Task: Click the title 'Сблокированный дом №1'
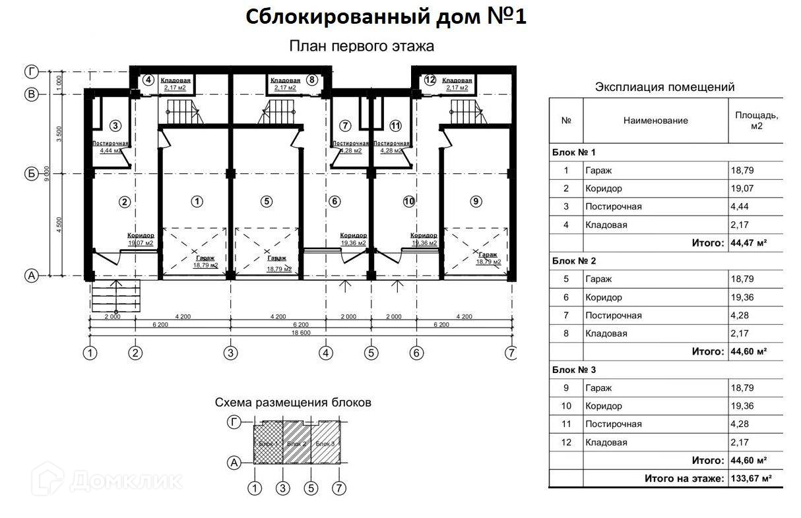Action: pyautogui.click(x=386, y=17)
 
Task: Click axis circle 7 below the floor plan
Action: pyautogui.click(x=511, y=353)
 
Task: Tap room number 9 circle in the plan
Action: pyautogui.click(x=475, y=202)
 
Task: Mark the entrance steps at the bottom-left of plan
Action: pyautogui.click(x=115, y=296)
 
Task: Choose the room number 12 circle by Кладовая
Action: pyautogui.click(x=430, y=80)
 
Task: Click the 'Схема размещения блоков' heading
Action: pyautogui.click(x=293, y=402)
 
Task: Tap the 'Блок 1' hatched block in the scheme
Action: pyautogui.click(x=269, y=444)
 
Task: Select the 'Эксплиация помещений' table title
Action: pyautogui.click(x=664, y=87)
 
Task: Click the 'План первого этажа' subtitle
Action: pyautogui.click(x=361, y=46)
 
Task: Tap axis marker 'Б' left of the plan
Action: pyautogui.click(x=30, y=174)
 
